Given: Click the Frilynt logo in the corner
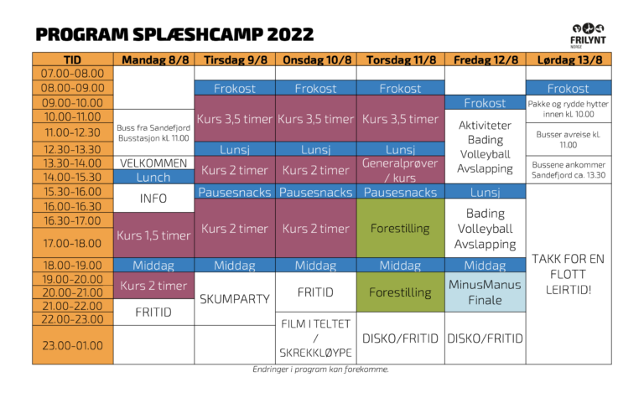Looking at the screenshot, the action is tap(588, 35).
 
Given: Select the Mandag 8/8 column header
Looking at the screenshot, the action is tap(154, 59).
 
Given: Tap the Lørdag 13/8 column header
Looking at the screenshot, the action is tap(569, 59).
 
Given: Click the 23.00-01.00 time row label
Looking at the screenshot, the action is tap(73, 345).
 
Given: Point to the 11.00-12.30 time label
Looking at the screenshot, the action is tap(73, 132).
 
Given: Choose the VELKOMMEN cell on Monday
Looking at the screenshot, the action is tap(153, 163).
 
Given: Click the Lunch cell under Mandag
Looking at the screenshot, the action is tap(153, 177).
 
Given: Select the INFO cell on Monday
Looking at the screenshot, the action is tap(153, 199).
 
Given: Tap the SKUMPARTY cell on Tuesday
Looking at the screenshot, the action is tap(235, 299).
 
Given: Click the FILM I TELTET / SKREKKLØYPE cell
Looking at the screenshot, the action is tap(316, 338).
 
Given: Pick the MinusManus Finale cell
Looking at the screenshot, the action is tap(485, 292).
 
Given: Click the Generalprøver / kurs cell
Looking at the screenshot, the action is tap(401, 170).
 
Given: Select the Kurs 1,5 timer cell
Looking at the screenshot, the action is tap(153, 235).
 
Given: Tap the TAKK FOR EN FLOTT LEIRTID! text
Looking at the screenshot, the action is tap(569, 274).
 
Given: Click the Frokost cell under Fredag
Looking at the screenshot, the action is tap(485, 102).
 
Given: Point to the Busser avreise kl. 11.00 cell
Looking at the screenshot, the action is tap(569, 140).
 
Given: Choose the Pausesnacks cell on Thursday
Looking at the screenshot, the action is tap(401, 192).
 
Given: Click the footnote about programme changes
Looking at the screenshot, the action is tap(321, 369).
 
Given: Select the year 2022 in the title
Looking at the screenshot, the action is tap(290, 34).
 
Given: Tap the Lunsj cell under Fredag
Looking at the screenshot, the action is tap(485, 192).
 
